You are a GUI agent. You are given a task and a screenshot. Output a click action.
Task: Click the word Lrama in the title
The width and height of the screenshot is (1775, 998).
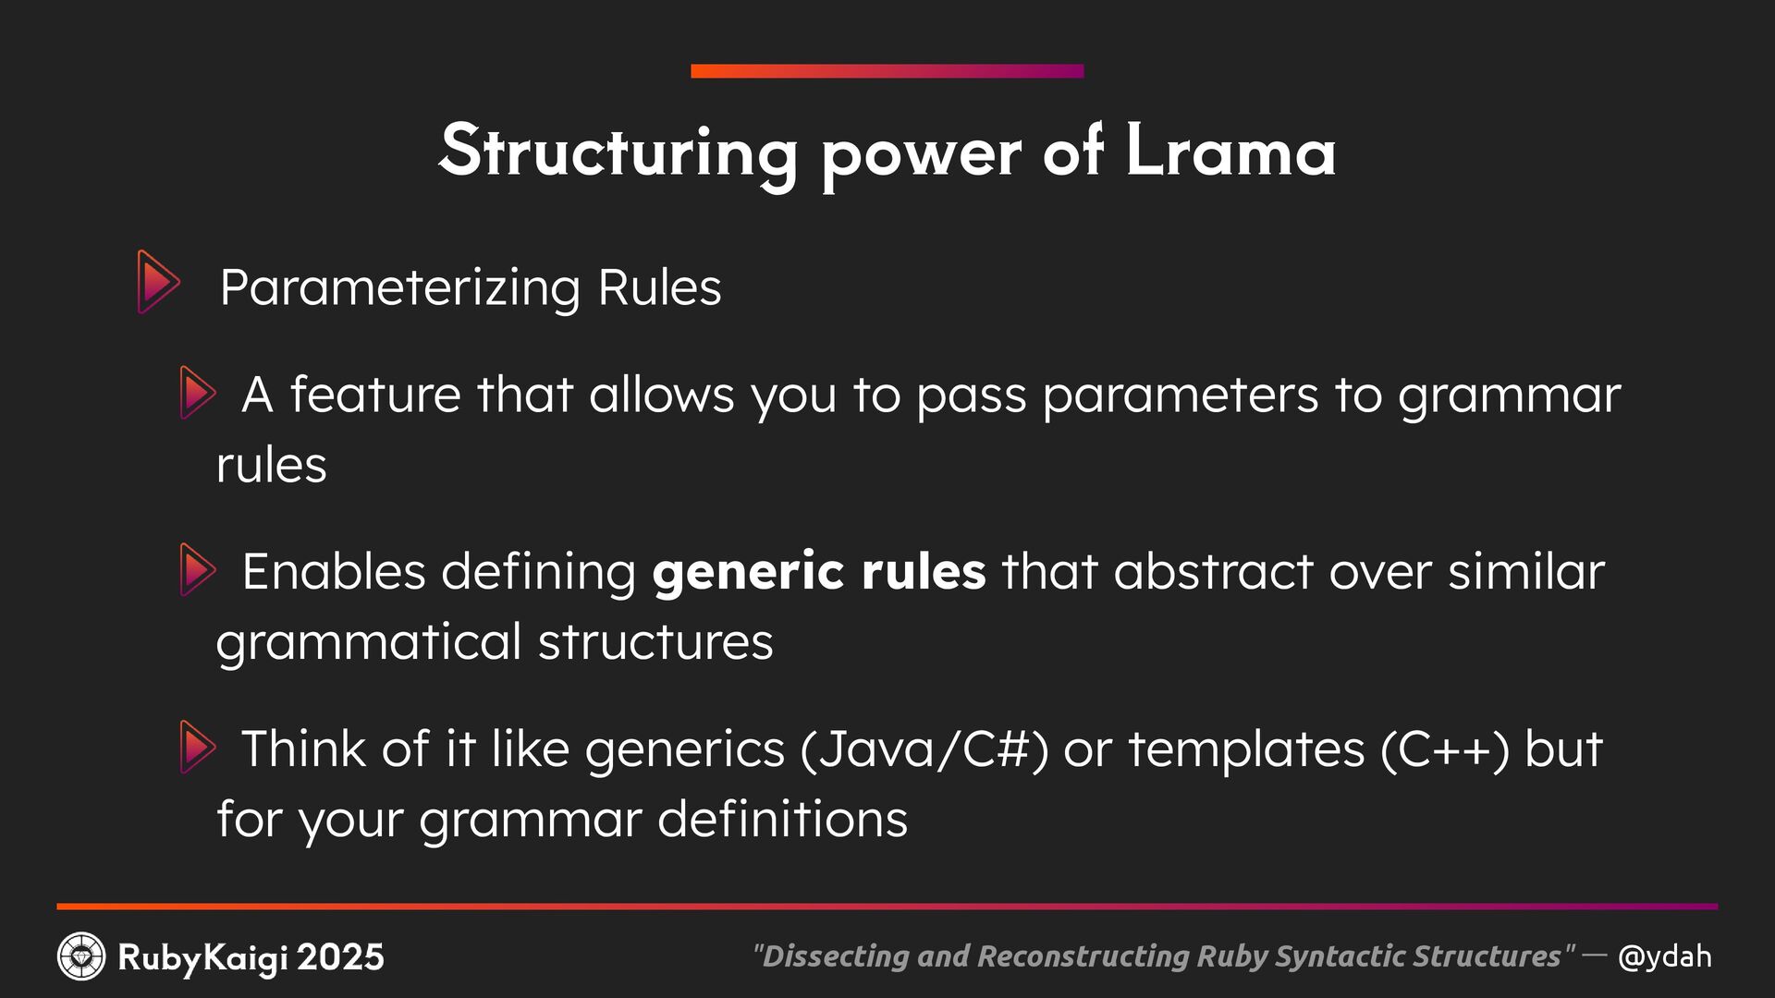click(1230, 151)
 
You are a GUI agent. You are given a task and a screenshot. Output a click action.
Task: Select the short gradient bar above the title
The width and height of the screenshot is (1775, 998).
click(887, 71)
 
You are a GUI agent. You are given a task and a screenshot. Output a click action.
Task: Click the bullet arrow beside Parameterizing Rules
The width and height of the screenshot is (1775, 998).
click(158, 282)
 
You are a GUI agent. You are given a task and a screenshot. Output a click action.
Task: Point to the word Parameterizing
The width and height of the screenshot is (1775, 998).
click(400, 287)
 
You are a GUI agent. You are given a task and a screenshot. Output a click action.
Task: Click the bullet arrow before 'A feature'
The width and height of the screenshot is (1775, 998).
click(198, 393)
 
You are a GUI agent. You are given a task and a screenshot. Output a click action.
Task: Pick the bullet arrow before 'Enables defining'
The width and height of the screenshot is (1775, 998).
click(198, 570)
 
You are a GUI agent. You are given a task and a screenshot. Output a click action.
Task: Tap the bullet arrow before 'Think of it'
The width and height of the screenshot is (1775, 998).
click(198, 748)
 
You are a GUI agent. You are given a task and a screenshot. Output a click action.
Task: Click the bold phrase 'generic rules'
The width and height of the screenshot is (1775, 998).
click(819, 571)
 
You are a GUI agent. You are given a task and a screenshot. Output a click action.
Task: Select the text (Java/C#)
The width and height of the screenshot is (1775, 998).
click(924, 748)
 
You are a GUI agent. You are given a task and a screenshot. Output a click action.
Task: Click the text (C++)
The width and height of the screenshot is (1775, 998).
click(1445, 748)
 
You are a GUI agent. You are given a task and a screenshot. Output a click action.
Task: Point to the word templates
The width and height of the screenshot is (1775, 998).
click(1246, 748)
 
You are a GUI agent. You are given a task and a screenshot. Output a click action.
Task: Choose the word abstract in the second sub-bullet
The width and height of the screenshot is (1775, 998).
click(1213, 571)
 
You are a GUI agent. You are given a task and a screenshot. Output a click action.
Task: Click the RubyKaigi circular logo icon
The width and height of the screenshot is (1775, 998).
click(81, 956)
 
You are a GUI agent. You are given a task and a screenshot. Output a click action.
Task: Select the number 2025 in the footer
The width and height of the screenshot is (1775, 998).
click(341, 957)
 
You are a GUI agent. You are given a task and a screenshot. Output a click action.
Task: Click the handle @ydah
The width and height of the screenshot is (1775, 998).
click(1664, 956)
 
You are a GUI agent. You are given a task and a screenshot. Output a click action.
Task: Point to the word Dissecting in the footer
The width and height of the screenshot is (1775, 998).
click(835, 956)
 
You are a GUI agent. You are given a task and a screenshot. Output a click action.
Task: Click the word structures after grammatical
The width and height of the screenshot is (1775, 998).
click(655, 641)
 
